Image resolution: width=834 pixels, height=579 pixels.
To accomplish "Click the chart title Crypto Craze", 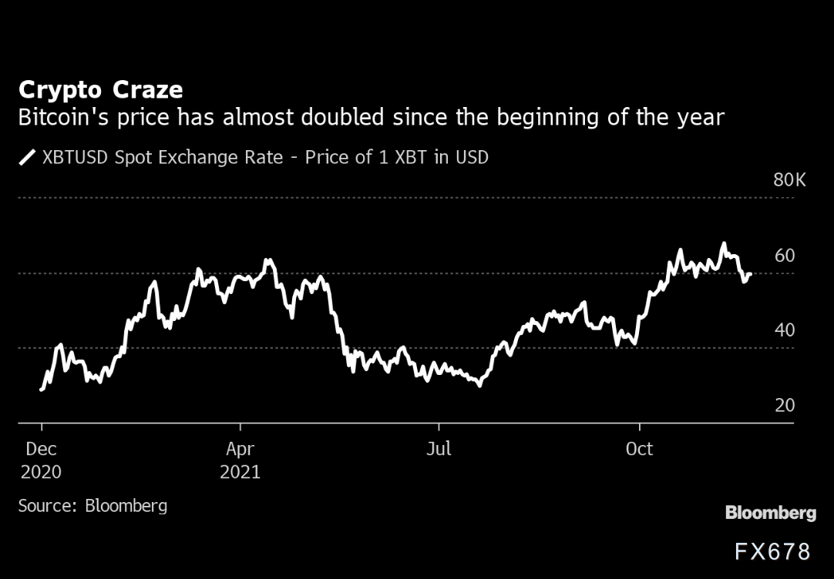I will coord(100,90).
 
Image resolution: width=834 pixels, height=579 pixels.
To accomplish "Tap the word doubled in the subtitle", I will coord(348,119).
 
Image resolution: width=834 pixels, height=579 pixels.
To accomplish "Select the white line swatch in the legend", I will coord(28,158).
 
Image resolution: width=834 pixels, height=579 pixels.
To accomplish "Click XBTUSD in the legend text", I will coord(75,158).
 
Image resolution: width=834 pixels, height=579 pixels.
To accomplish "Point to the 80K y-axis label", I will coord(789,181).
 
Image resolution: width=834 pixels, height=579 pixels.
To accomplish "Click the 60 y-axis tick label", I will coord(784,256).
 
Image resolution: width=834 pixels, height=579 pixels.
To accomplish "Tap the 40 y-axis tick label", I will coord(784,330).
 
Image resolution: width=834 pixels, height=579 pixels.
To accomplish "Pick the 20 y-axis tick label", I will coord(784,405).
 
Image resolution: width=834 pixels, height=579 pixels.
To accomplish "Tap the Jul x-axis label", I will coord(439,449).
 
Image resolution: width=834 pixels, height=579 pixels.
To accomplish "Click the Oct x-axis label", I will coord(640,449).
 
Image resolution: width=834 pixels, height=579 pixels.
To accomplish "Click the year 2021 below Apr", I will coord(240,471).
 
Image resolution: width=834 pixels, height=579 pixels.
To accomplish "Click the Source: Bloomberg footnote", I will coord(92,506).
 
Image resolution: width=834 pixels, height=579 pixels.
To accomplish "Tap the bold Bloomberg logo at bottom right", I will coord(770,513).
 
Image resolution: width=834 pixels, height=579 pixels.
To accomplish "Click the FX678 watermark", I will coord(772,551).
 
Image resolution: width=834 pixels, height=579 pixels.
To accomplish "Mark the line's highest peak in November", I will coord(723,243).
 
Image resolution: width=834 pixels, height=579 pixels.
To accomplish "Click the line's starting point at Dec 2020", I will coord(41,390).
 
